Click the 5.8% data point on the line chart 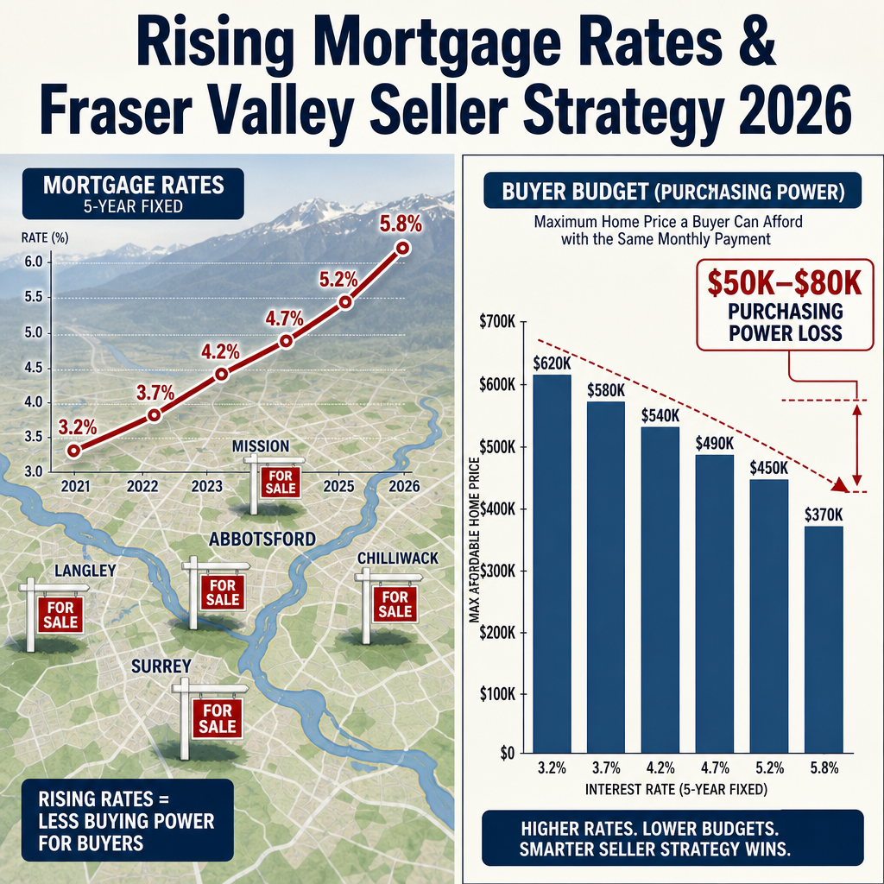[x=403, y=248]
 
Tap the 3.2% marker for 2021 [x=73, y=451]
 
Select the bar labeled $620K [x=552, y=564]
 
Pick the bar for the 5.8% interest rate [x=824, y=640]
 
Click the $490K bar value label [x=714, y=443]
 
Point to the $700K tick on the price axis [x=497, y=322]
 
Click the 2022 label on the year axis [x=142, y=486]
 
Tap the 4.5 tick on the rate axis [x=34, y=368]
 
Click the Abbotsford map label [x=262, y=539]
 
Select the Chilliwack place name [x=397, y=559]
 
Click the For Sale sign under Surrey [x=218, y=718]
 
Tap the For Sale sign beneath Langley [x=60, y=615]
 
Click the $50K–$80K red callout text [x=785, y=283]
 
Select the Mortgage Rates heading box [x=133, y=193]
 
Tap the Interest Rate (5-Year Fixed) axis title [x=676, y=789]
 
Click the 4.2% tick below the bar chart [x=660, y=767]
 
